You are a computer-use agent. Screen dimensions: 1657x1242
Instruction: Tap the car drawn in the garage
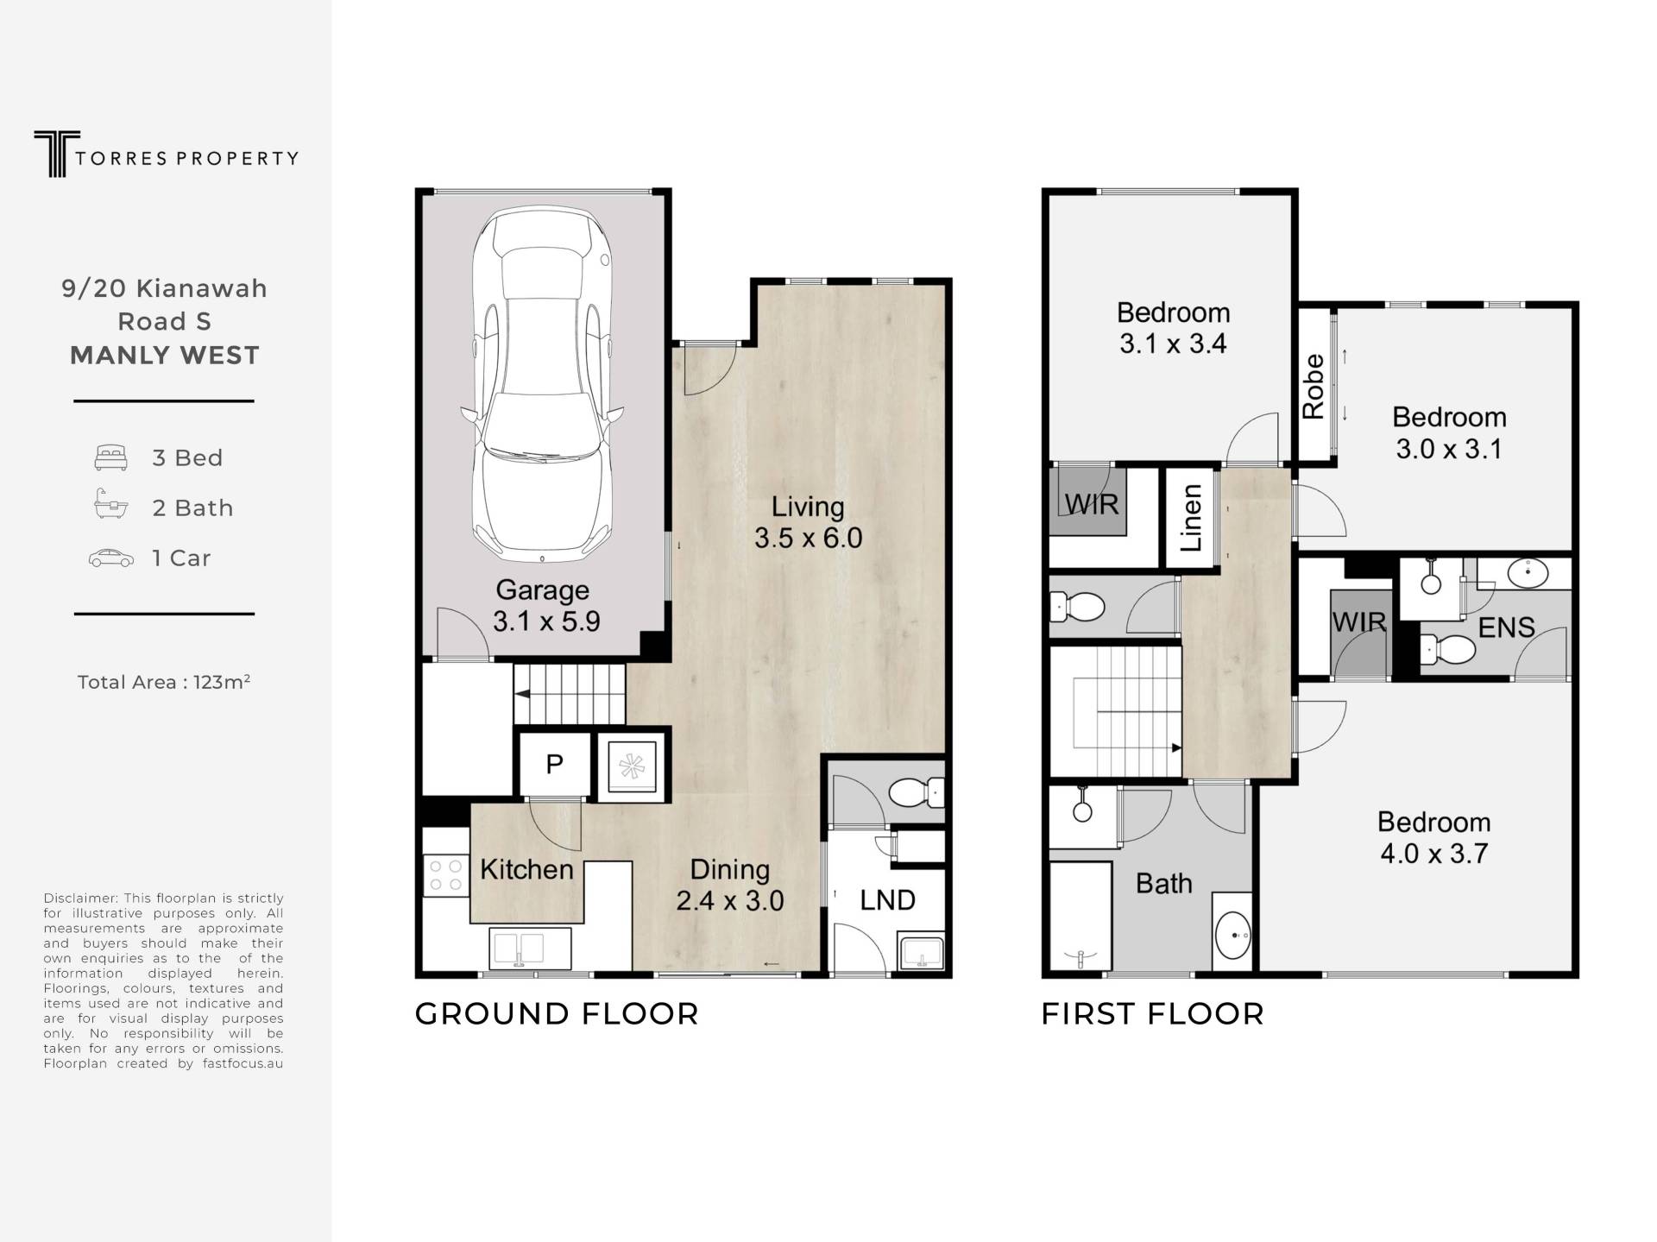coord(542,385)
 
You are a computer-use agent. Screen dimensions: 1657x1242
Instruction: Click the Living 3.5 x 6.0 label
coord(808,522)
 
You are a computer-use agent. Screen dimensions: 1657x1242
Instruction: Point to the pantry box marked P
coord(555,764)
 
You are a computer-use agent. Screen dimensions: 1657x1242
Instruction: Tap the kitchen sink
coord(529,948)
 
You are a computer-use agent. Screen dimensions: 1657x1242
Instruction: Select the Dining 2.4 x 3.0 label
coord(730,885)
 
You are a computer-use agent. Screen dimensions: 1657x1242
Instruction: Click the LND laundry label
coord(887,900)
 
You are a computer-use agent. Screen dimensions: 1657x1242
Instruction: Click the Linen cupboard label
coord(1191,517)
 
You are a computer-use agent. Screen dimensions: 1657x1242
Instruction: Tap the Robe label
coord(1313,387)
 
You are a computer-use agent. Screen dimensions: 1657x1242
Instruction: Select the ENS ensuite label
coord(1506,627)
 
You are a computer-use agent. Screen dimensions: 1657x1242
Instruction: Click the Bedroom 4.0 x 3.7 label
coord(1433,837)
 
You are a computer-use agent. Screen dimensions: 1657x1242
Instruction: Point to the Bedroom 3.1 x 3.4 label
coord(1173,328)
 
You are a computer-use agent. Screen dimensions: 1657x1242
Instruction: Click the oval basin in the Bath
coord(1232,936)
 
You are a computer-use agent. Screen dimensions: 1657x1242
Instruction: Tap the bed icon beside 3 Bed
coord(111,457)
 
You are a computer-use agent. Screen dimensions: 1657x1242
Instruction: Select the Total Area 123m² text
coord(164,682)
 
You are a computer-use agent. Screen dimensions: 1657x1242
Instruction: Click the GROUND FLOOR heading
coord(557,1013)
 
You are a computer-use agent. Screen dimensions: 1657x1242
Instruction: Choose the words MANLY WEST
coord(164,356)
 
